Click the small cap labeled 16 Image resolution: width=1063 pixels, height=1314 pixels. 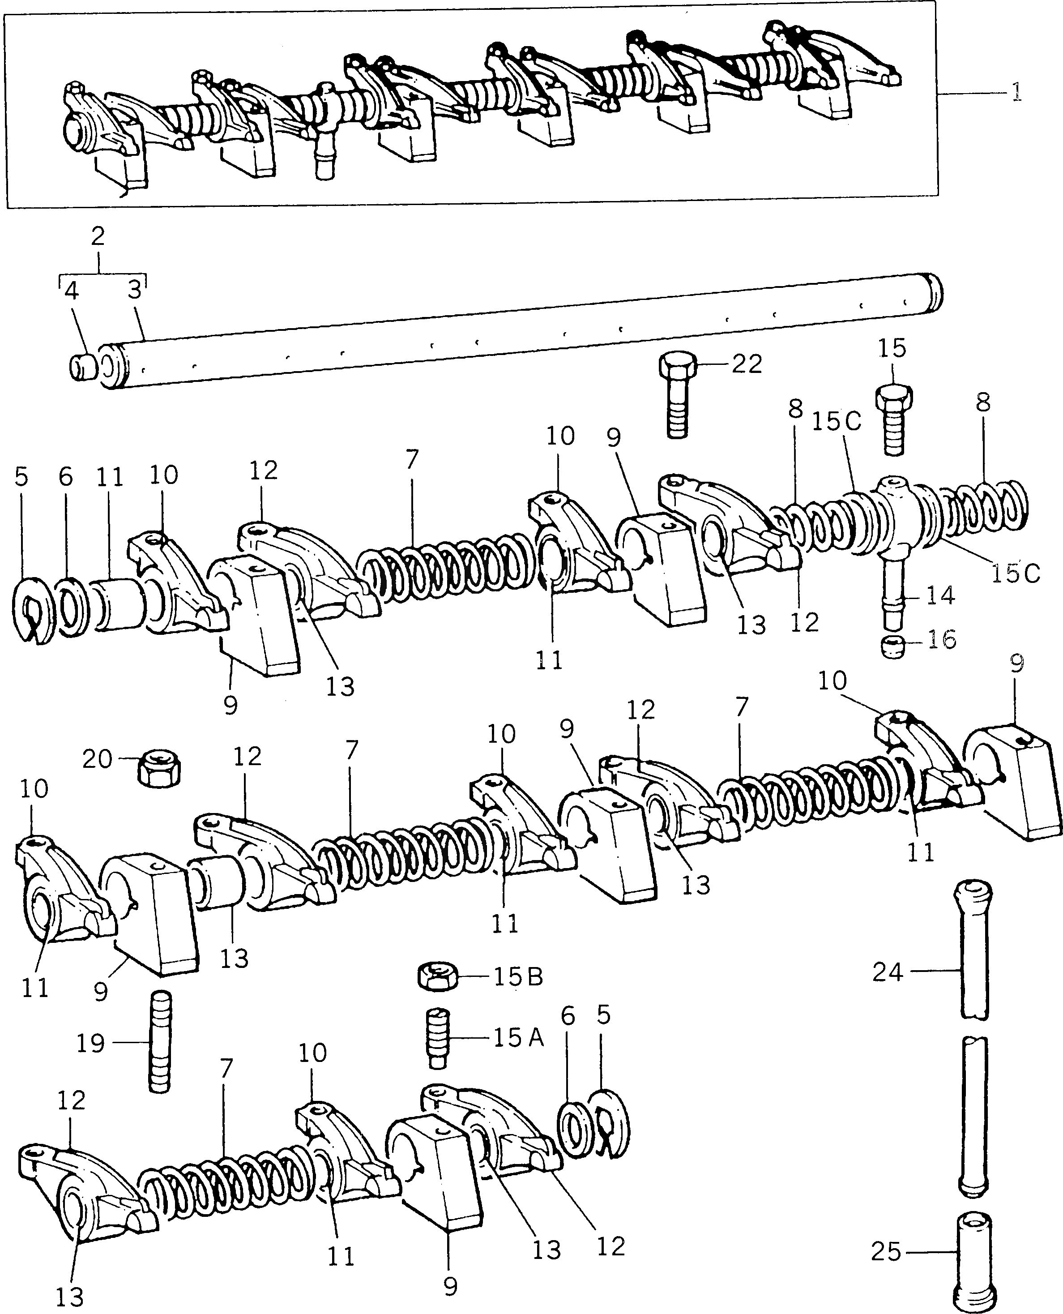[894, 646]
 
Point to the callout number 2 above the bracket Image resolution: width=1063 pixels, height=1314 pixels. [98, 236]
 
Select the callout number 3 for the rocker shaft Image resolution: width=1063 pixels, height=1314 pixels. [135, 290]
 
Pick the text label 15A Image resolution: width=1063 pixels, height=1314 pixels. [519, 1037]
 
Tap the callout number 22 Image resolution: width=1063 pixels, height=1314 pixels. [747, 364]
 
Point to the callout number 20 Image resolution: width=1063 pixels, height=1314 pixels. [98, 760]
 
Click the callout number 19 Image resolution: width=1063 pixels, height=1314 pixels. [90, 1043]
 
